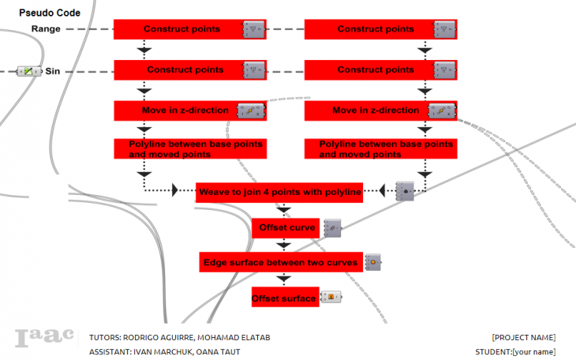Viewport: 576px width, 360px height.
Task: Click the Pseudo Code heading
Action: pyautogui.click(x=50, y=13)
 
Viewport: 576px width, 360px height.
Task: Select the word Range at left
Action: pyautogui.click(x=46, y=29)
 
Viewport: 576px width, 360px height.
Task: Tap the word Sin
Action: pyautogui.click(x=53, y=71)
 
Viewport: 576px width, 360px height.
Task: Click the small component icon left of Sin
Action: pyautogui.click(x=28, y=71)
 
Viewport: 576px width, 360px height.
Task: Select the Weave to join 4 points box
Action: pyautogui.click(x=280, y=192)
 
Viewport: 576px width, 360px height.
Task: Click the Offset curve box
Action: pyautogui.click(x=286, y=228)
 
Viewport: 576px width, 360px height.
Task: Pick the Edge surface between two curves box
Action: pyautogui.click(x=281, y=262)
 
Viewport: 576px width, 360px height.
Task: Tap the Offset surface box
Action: pyautogui.click(x=285, y=298)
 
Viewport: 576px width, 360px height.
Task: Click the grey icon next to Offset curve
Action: pyautogui.click(x=332, y=228)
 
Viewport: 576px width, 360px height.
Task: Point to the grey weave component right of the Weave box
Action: pyautogui.click(x=405, y=191)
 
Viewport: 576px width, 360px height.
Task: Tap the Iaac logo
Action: pyautogui.click(x=44, y=338)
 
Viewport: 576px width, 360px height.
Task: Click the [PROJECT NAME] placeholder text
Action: pyautogui.click(x=524, y=338)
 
